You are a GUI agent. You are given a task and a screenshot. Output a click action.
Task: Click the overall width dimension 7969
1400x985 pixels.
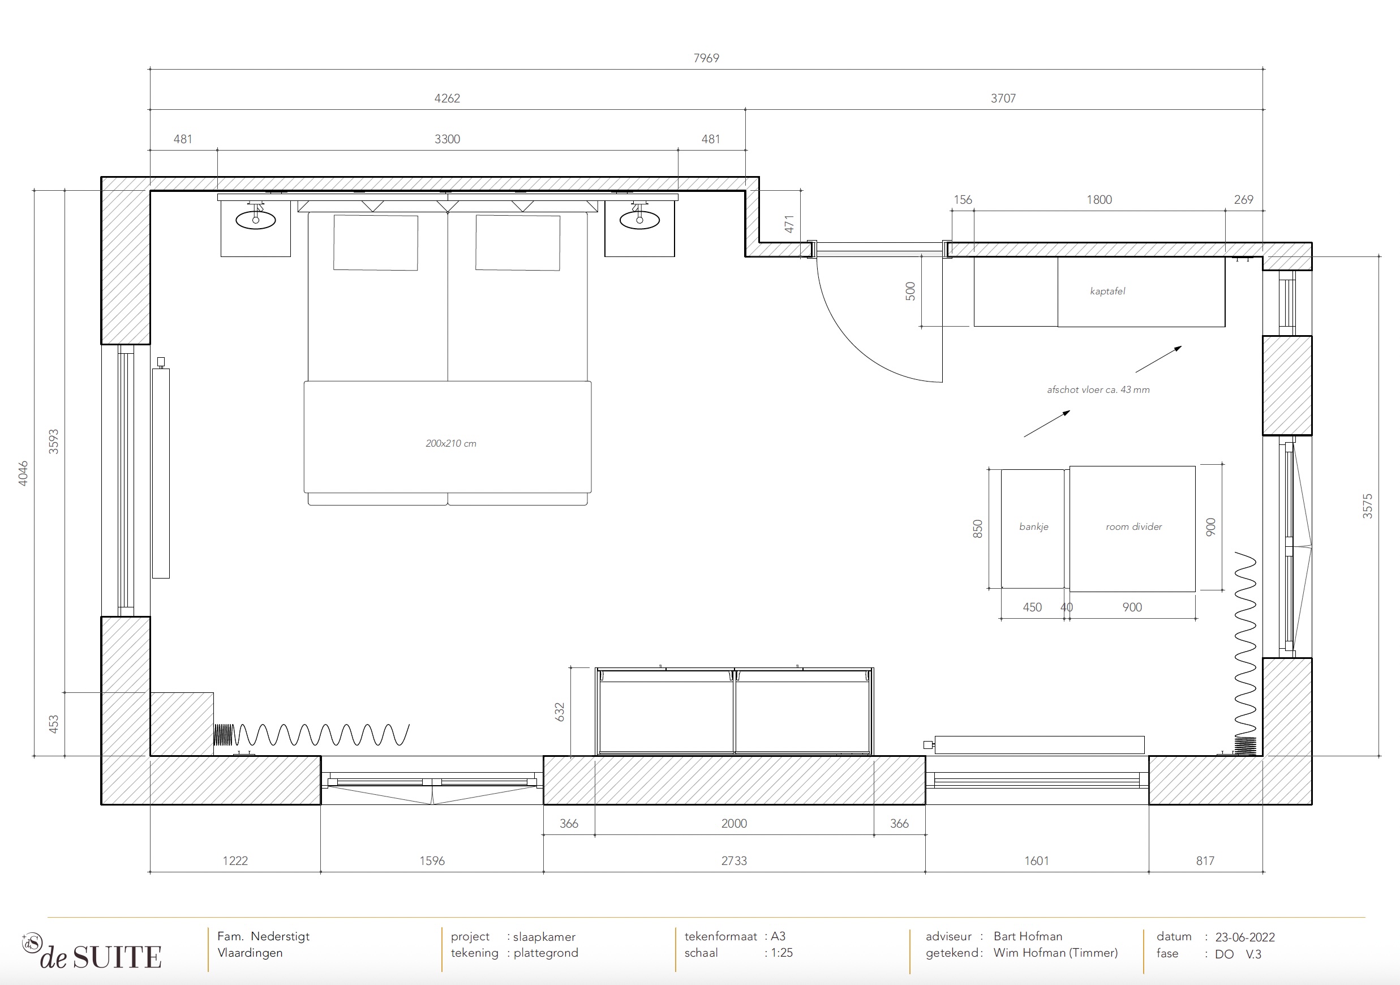pyautogui.click(x=706, y=58)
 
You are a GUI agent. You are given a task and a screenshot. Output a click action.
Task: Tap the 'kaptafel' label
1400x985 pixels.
pyautogui.click(x=1107, y=291)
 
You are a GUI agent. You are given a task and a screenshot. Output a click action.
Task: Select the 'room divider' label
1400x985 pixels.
pyautogui.click(x=1133, y=526)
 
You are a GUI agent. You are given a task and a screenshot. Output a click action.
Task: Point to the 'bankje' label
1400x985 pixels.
pyautogui.click(x=1033, y=526)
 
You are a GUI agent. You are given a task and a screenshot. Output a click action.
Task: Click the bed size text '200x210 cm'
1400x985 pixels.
pyautogui.click(x=450, y=443)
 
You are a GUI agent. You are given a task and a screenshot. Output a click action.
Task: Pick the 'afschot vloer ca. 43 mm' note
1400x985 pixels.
pyautogui.click(x=1098, y=389)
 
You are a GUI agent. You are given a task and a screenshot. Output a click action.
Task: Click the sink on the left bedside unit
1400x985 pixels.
pyautogui.click(x=255, y=219)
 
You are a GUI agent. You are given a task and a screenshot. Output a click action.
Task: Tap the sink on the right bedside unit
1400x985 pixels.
pyautogui.click(x=639, y=219)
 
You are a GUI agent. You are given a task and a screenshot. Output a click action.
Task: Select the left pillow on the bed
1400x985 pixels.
pyautogui.click(x=376, y=242)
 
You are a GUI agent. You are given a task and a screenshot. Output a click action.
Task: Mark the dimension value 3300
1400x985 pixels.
pyautogui.click(x=447, y=139)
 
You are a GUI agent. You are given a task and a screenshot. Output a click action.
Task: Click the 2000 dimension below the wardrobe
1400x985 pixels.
pyautogui.click(x=733, y=823)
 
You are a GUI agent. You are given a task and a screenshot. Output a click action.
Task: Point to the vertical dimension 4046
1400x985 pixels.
pyautogui.click(x=23, y=473)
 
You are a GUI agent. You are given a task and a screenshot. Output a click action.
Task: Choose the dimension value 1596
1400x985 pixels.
pyautogui.click(x=432, y=860)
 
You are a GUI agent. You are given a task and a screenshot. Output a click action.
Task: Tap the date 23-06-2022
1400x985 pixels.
pyautogui.click(x=1244, y=937)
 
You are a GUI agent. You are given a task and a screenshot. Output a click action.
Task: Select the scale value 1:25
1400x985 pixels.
pyautogui.click(x=781, y=953)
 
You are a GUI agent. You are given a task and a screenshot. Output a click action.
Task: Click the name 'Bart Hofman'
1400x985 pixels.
pyautogui.click(x=1028, y=936)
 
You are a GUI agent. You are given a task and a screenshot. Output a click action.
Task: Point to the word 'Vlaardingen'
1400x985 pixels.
pyautogui.click(x=250, y=953)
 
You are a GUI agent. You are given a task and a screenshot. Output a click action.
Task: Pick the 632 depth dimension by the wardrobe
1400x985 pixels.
pyautogui.click(x=560, y=712)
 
